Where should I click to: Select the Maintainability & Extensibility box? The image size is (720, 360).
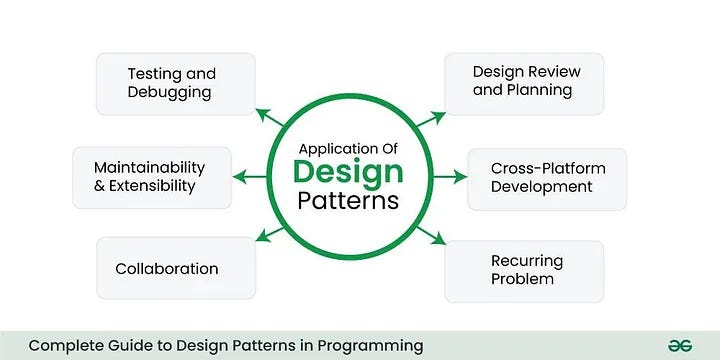[152, 177]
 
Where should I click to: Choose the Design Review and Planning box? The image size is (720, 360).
[524, 82]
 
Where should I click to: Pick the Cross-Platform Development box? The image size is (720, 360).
[546, 178]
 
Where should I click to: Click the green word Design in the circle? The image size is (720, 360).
[348, 171]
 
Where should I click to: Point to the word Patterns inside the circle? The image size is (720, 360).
[348, 200]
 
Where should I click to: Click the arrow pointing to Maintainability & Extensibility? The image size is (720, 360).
[250, 177]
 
